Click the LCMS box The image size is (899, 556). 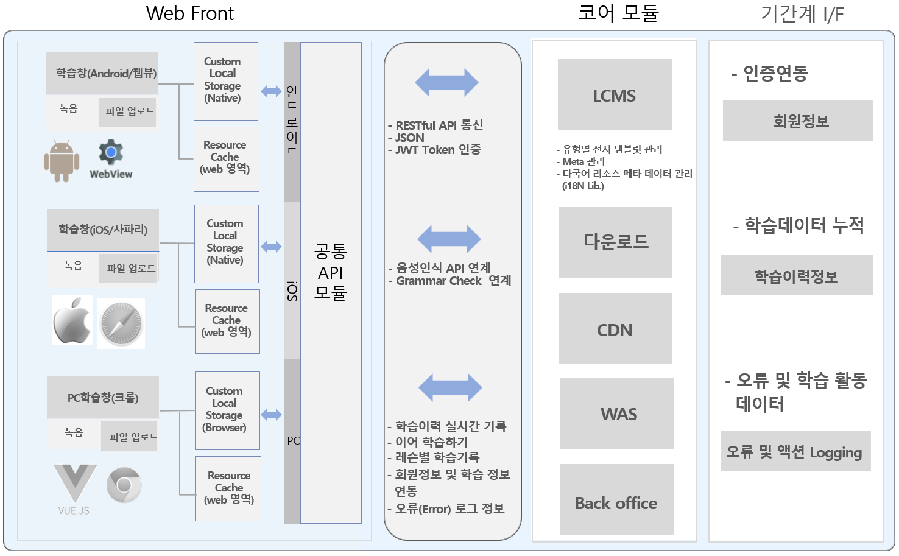(615, 94)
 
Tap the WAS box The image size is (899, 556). (616, 413)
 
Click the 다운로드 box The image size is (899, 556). (615, 242)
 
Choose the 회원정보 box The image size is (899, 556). (798, 121)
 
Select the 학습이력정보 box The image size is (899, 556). (797, 275)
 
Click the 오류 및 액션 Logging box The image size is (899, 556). (795, 451)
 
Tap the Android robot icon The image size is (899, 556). (62, 161)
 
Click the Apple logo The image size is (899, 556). (72, 320)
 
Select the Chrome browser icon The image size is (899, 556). (124, 485)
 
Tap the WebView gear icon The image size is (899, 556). (111, 153)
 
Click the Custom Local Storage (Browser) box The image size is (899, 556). (227, 410)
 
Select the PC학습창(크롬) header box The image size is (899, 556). (103, 397)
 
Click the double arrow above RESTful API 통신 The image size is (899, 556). (446, 82)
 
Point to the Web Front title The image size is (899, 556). (190, 13)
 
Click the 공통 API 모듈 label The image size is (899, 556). (331, 272)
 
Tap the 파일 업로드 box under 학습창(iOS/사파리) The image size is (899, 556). (129, 268)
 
